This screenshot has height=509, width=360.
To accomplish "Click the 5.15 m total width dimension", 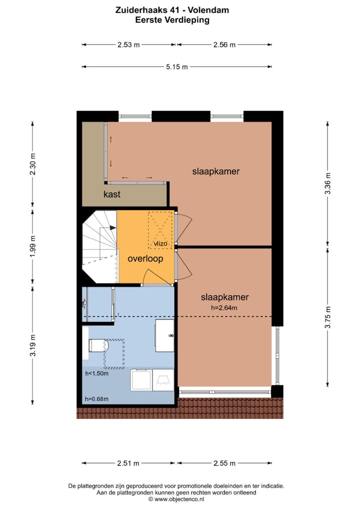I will coord(177,67).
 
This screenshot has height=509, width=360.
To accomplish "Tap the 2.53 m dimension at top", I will coord(128,44).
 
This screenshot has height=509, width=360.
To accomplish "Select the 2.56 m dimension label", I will coord(224,44).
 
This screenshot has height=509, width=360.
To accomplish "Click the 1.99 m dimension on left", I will coord(33,246).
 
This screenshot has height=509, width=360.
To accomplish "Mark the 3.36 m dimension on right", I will coord(328,183).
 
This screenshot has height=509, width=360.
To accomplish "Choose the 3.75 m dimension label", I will coord(328,317).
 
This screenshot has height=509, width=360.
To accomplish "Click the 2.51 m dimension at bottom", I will coord(128,463).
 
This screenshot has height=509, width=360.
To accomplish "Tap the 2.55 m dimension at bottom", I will coord(224,463).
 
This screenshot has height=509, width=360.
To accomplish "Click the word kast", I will coord(111,194).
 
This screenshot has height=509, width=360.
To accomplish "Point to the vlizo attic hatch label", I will coord(160,244).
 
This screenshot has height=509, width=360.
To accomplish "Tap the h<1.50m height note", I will coord(96,373).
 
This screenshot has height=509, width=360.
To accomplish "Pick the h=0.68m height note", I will coord(96,398).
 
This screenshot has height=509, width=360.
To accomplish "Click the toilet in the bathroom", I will coord(97,345).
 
